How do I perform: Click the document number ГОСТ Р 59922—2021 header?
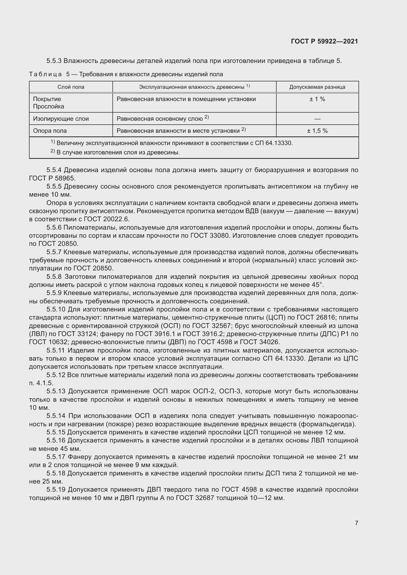[324, 41]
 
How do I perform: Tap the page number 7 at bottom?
[356, 523]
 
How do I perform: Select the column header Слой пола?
[71, 87]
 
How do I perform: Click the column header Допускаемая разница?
[317, 87]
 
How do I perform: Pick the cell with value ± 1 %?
[317, 99]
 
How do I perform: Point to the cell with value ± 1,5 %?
[317, 131]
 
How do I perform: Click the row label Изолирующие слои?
[61, 119]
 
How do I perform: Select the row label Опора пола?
[50, 131]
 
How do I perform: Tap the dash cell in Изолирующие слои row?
[317, 119]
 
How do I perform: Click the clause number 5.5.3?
[54, 61]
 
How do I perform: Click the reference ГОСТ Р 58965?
[52, 178]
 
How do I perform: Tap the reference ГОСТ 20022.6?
[106, 219]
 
